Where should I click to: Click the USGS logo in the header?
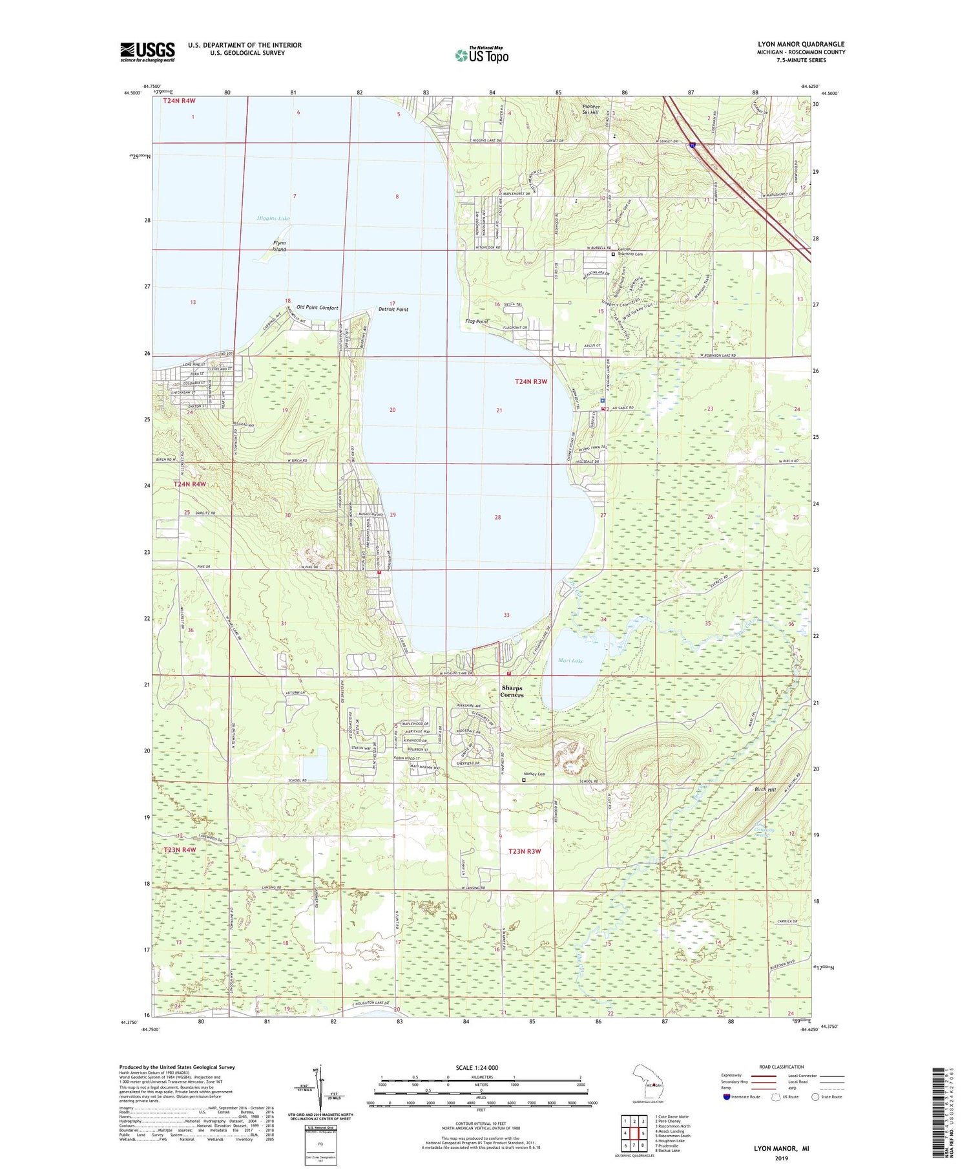coord(147,52)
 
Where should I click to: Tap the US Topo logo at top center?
coord(481,56)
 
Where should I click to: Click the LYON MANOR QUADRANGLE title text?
coord(800,45)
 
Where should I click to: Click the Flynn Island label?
coord(279,246)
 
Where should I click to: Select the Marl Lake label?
coord(570,661)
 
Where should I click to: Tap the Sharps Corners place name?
coord(512,692)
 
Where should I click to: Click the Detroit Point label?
coord(393,310)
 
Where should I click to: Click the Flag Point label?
coord(477,321)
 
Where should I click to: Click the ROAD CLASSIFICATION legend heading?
coord(782,1067)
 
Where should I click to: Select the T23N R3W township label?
coord(524,851)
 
